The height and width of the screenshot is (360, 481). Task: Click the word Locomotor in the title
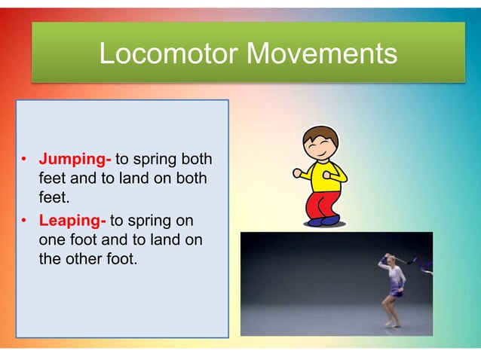click(168, 53)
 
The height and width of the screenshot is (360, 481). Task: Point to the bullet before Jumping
click(24, 161)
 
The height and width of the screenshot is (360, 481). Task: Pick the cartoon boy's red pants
click(325, 205)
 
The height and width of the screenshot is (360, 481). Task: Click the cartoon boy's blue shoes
click(324, 221)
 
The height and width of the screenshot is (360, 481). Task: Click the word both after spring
click(196, 160)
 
